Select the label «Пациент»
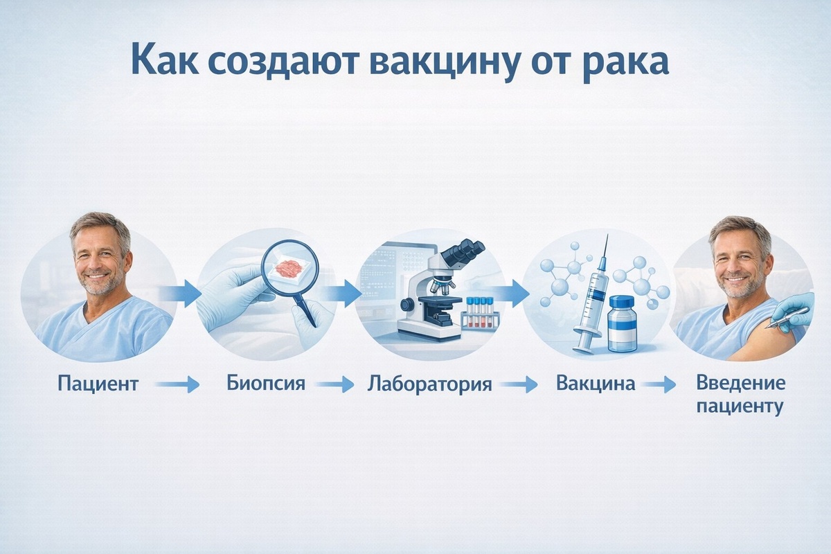pos(98,384)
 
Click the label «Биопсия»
pos(266,383)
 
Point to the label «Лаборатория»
pos(429,384)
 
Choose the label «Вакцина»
pos(595,383)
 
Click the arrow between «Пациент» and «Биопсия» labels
pos(177,384)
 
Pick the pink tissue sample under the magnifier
pos(287,267)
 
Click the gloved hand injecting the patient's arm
pos(796,308)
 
